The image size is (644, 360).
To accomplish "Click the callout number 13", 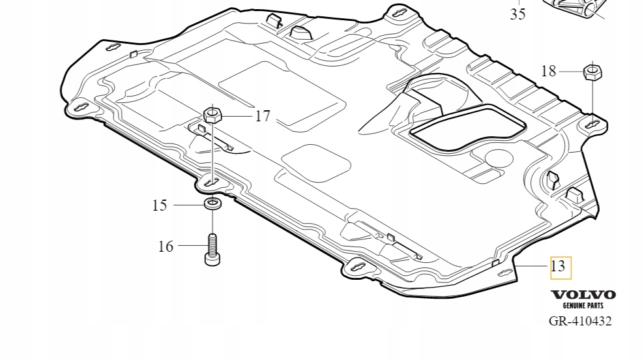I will point(558,266).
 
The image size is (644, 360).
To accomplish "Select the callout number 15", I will point(160,205).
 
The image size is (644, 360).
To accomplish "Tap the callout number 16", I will point(166,246).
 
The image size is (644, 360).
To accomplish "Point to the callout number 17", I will point(262,116).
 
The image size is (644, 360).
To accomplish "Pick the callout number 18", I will point(549,71).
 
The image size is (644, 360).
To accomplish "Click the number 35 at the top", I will point(518,14).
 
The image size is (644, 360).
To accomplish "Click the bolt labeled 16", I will point(212,250).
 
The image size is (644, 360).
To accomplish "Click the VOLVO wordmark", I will point(583,295).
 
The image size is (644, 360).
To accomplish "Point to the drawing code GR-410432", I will point(579,321).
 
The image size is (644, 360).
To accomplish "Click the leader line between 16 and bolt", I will point(192,245).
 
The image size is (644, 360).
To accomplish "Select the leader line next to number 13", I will point(533,266).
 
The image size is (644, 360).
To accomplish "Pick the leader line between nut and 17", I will point(239,116).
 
